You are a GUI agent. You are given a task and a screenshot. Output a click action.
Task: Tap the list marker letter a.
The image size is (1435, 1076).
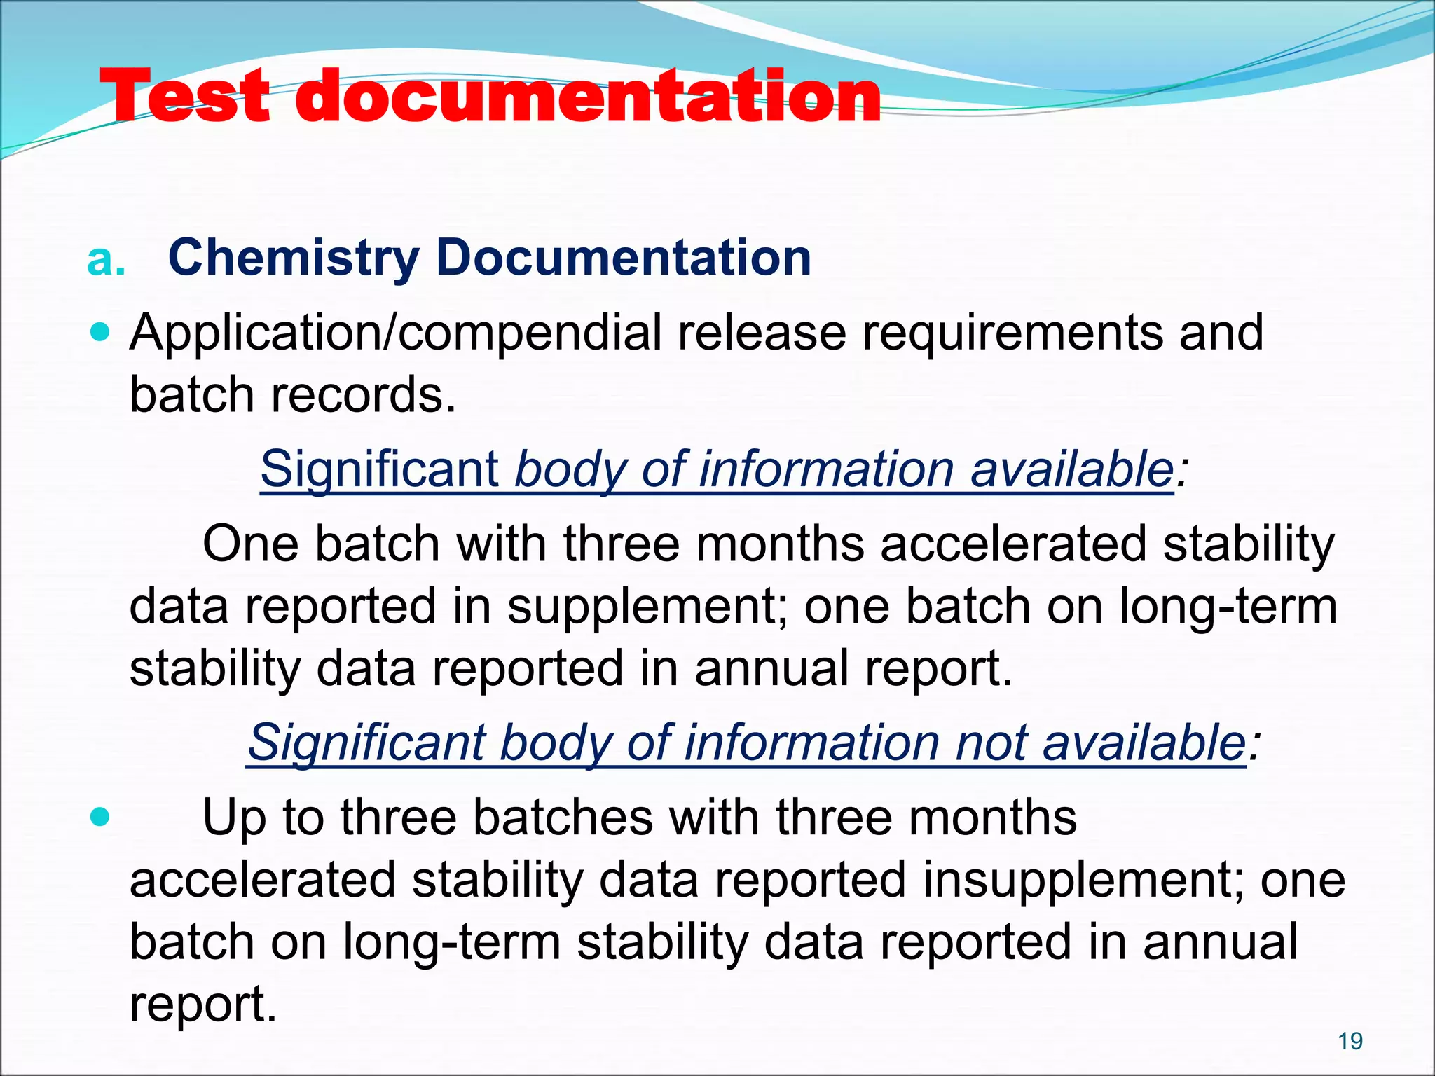click(106, 261)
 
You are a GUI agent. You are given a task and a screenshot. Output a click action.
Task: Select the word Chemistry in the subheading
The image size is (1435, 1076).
click(294, 258)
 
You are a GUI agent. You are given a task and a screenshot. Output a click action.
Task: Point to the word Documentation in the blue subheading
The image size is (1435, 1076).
click(623, 258)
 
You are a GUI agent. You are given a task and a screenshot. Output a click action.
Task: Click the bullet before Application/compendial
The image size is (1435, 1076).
click(102, 331)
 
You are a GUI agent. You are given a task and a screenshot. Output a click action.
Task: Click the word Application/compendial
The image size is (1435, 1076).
click(395, 333)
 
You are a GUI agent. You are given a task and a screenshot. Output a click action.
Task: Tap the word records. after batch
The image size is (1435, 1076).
click(364, 394)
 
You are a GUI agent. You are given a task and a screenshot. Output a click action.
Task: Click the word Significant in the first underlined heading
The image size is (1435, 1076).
click(379, 469)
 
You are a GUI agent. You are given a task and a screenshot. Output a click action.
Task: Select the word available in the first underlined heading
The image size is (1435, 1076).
click(1071, 469)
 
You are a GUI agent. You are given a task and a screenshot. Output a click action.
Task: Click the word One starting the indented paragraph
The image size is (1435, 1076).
click(251, 544)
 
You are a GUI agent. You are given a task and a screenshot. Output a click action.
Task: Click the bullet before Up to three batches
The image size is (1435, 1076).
click(102, 817)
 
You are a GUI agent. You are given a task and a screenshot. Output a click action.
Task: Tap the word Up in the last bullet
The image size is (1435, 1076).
click(234, 818)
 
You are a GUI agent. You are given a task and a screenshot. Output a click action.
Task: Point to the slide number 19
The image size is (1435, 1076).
click(1350, 1042)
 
